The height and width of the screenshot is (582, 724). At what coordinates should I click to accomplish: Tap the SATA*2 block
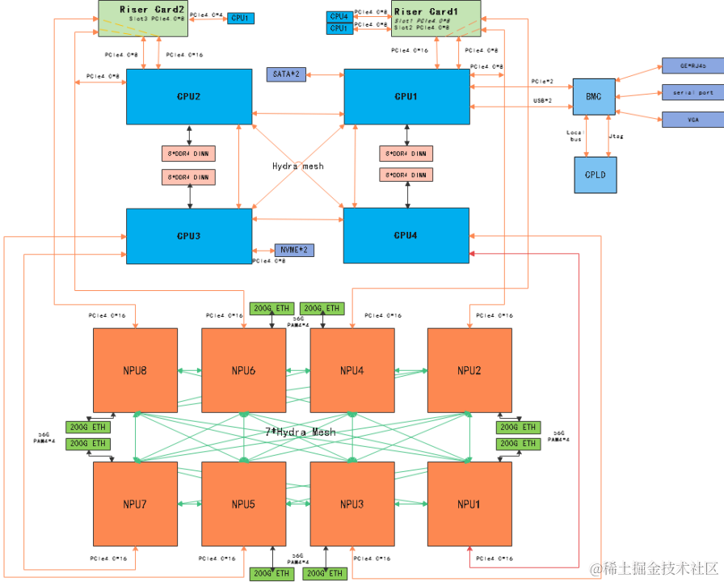click(x=286, y=74)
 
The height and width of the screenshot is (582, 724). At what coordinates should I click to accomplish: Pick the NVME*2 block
click(x=294, y=250)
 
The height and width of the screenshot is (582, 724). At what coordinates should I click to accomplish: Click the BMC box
click(x=594, y=96)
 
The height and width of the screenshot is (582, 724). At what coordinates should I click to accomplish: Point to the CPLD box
click(x=596, y=175)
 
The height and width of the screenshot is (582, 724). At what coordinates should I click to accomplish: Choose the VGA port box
click(x=693, y=120)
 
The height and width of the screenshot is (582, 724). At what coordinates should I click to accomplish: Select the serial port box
click(x=693, y=92)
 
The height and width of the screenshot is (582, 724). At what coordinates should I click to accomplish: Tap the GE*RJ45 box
click(x=693, y=65)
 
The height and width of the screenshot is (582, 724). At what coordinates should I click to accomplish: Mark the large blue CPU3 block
click(x=189, y=235)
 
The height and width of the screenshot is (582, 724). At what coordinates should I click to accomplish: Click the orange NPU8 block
click(x=134, y=370)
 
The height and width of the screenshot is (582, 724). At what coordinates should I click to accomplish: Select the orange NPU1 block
click(x=469, y=504)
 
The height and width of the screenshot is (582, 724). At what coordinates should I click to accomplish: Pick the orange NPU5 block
click(x=243, y=504)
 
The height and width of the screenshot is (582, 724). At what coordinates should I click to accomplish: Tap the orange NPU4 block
click(x=352, y=370)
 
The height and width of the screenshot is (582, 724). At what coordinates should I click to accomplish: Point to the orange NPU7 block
click(x=134, y=504)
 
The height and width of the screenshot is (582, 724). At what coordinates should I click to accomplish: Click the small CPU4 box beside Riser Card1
click(x=339, y=16)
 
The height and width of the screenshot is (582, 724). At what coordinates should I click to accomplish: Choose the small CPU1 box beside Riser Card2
click(x=241, y=17)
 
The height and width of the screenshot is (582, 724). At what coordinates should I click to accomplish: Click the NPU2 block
click(x=469, y=370)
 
